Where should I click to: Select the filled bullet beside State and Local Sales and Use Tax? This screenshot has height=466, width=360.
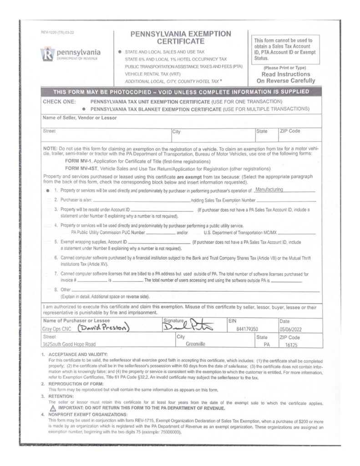(x=120, y=52)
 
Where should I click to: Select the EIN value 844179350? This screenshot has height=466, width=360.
(x=248, y=329)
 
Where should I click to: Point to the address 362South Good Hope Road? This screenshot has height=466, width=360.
(x=70, y=344)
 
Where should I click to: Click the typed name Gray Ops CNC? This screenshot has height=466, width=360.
(x=58, y=329)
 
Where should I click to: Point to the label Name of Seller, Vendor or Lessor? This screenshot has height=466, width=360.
(x=80, y=118)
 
